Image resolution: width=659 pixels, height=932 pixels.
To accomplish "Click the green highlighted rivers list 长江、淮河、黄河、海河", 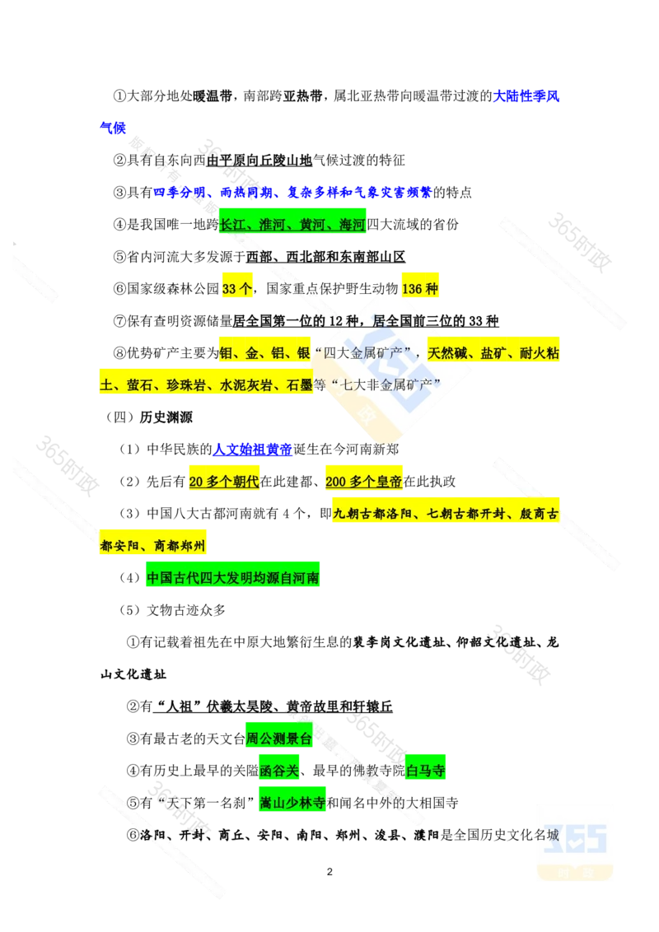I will tap(292, 224).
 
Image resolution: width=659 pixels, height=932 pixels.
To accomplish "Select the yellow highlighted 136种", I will tap(420, 288).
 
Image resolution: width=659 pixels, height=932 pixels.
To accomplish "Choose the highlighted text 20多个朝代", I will tap(224, 482).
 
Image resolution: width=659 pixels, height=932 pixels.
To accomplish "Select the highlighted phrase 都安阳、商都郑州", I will tap(154, 545).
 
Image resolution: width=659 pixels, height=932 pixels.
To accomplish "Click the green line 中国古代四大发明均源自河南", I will tap(233, 577).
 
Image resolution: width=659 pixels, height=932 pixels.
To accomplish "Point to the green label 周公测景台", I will tap(278, 739).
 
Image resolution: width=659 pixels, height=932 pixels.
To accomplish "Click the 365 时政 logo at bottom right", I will tap(576, 842).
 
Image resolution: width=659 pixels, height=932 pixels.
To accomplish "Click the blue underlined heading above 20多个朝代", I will tap(252, 450).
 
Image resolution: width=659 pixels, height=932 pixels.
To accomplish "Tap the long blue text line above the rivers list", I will tap(292, 193).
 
